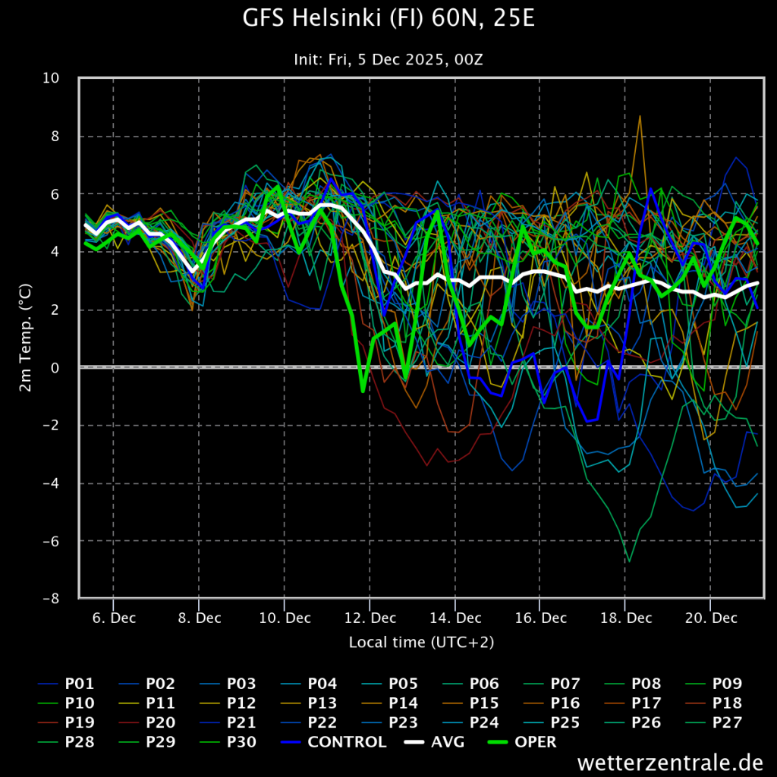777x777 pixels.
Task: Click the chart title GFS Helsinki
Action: coord(388,19)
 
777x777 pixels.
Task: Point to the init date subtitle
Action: coord(388,59)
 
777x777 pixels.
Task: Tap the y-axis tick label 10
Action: coord(51,78)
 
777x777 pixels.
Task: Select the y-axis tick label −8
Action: coord(51,599)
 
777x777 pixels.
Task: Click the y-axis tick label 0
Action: coord(55,368)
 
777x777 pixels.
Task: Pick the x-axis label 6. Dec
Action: coord(114,618)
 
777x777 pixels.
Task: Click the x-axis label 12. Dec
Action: coord(370,618)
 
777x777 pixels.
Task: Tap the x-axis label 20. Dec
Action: coord(711,618)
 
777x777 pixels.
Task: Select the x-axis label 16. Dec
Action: coord(540,618)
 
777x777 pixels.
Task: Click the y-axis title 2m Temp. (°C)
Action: coord(25,338)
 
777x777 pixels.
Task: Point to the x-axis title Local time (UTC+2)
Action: coord(421,642)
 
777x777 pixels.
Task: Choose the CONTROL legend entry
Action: coord(333,742)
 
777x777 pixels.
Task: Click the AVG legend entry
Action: coord(435,742)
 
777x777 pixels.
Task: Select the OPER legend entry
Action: coord(522,742)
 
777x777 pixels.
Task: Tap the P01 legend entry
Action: coord(66,684)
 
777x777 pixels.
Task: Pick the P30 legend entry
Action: coord(228,742)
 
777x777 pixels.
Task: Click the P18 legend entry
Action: coord(713,703)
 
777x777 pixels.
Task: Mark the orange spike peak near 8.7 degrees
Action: coord(640,116)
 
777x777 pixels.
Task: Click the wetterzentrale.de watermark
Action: coord(671,762)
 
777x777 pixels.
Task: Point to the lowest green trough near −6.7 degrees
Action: coord(629,562)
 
